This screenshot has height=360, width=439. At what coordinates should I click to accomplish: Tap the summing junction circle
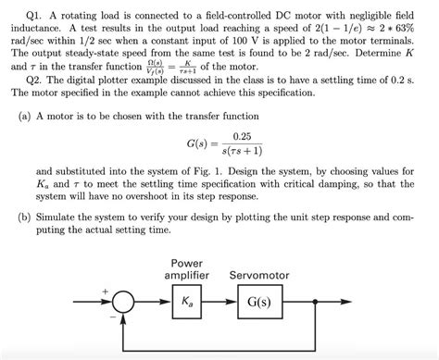122,302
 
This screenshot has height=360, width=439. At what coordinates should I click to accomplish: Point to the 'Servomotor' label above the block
259,275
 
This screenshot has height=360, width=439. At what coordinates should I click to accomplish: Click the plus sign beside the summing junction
105,292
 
